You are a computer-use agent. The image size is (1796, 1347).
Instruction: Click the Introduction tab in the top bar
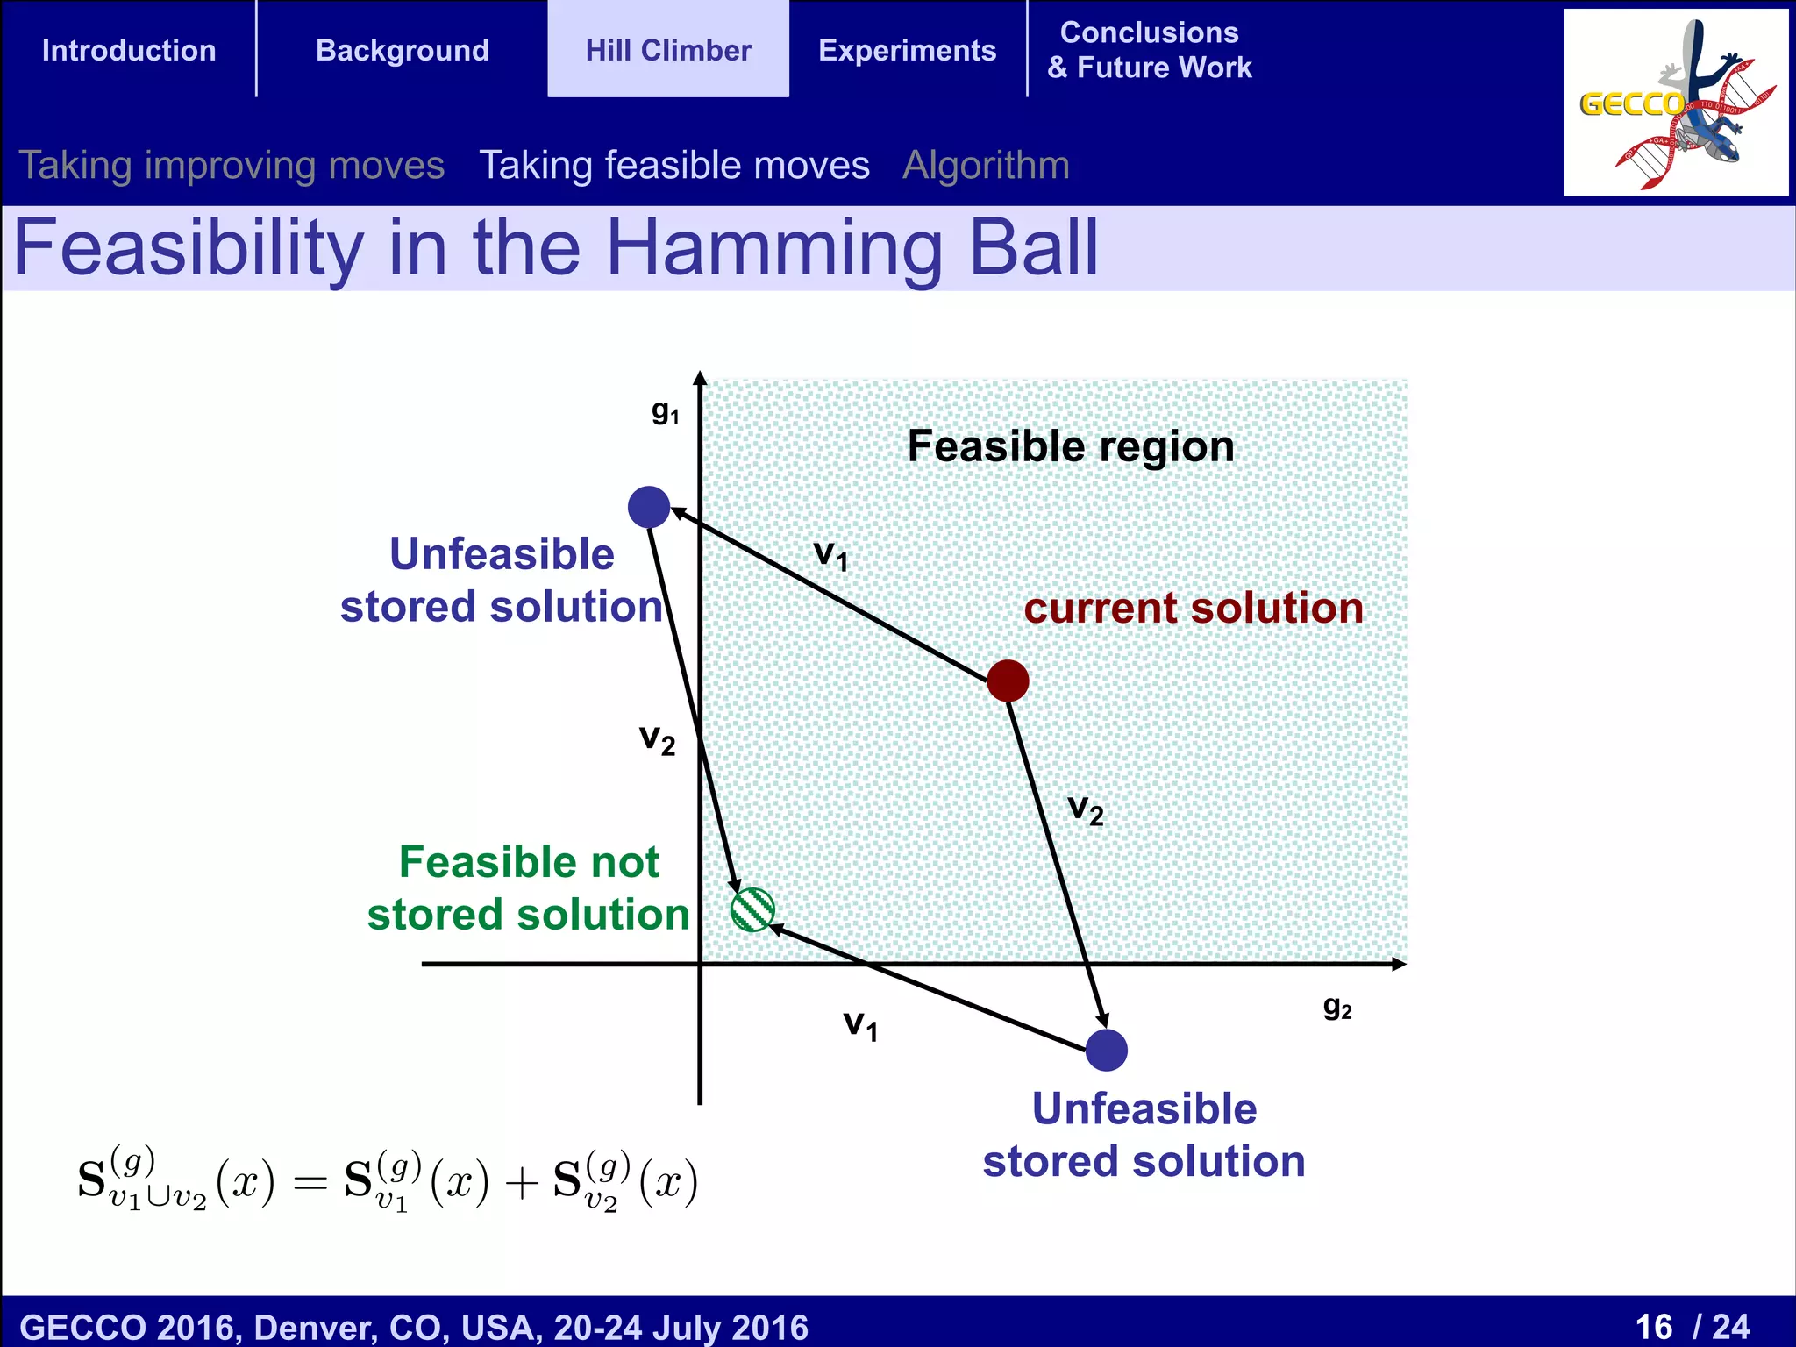click(129, 50)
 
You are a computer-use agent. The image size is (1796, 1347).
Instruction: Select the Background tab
click(402, 50)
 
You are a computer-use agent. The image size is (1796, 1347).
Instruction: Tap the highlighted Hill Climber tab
click(668, 50)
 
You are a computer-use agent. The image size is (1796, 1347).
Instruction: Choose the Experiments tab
click(907, 50)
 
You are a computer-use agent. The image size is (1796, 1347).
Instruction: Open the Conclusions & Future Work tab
click(1149, 50)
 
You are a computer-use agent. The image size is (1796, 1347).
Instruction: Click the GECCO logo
click(1675, 103)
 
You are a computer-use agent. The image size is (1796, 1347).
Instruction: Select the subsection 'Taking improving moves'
click(232, 165)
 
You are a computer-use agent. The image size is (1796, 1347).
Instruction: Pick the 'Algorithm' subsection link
click(986, 165)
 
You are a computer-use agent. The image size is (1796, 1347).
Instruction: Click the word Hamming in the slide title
click(774, 248)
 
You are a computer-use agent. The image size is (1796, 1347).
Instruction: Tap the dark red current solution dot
click(1008, 681)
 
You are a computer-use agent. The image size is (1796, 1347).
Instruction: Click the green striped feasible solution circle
click(752, 909)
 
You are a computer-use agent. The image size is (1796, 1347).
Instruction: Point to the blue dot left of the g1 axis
click(649, 507)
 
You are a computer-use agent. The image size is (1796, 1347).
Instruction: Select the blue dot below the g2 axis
click(1106, 1050)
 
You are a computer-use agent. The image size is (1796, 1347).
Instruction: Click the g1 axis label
click(665, 411)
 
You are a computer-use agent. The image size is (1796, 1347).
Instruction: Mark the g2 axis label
click(1336, 1007)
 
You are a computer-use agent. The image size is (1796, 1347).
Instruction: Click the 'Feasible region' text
click(1070, 446)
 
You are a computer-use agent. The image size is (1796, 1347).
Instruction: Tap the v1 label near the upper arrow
click(830, 555)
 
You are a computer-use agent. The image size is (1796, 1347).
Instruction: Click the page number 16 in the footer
click(1654, 1326)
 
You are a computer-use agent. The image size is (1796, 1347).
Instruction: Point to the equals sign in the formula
click(310, 1184)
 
